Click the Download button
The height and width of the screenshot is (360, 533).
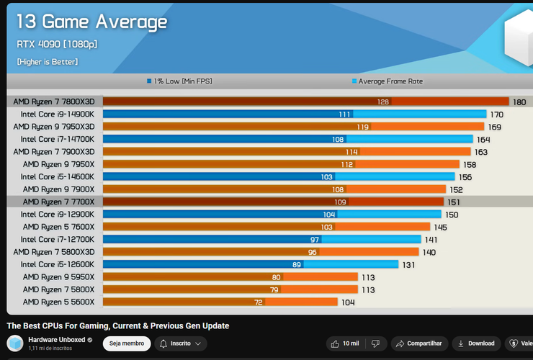(476, 343)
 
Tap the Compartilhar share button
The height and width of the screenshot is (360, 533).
(419, 343)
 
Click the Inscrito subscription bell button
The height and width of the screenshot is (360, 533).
(181, 343)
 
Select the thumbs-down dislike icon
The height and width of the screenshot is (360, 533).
(375, 343)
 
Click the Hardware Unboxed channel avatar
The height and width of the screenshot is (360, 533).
(15, 343)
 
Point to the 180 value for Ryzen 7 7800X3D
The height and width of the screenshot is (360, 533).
(519, 102)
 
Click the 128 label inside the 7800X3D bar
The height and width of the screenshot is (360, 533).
(382, 102)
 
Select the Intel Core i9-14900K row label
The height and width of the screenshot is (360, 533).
(58, 114)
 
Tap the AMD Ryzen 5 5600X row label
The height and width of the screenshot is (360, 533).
(58, 302)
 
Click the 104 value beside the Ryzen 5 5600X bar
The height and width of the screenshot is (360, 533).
(348, 302)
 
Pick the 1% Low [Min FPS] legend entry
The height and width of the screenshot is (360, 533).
(179, 81)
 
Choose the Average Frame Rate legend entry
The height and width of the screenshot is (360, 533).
(388, 81)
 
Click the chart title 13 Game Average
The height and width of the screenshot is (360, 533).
(91, 22)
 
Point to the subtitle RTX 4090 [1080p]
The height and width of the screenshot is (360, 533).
(57, 44)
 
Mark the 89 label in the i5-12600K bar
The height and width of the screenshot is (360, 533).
(297, 264)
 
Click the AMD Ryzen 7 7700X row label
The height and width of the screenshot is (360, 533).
(58, 202)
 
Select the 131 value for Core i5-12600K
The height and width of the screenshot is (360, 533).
(408, 265)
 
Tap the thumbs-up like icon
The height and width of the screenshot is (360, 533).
(335, 343)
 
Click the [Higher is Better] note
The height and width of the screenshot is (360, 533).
(48, 62)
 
